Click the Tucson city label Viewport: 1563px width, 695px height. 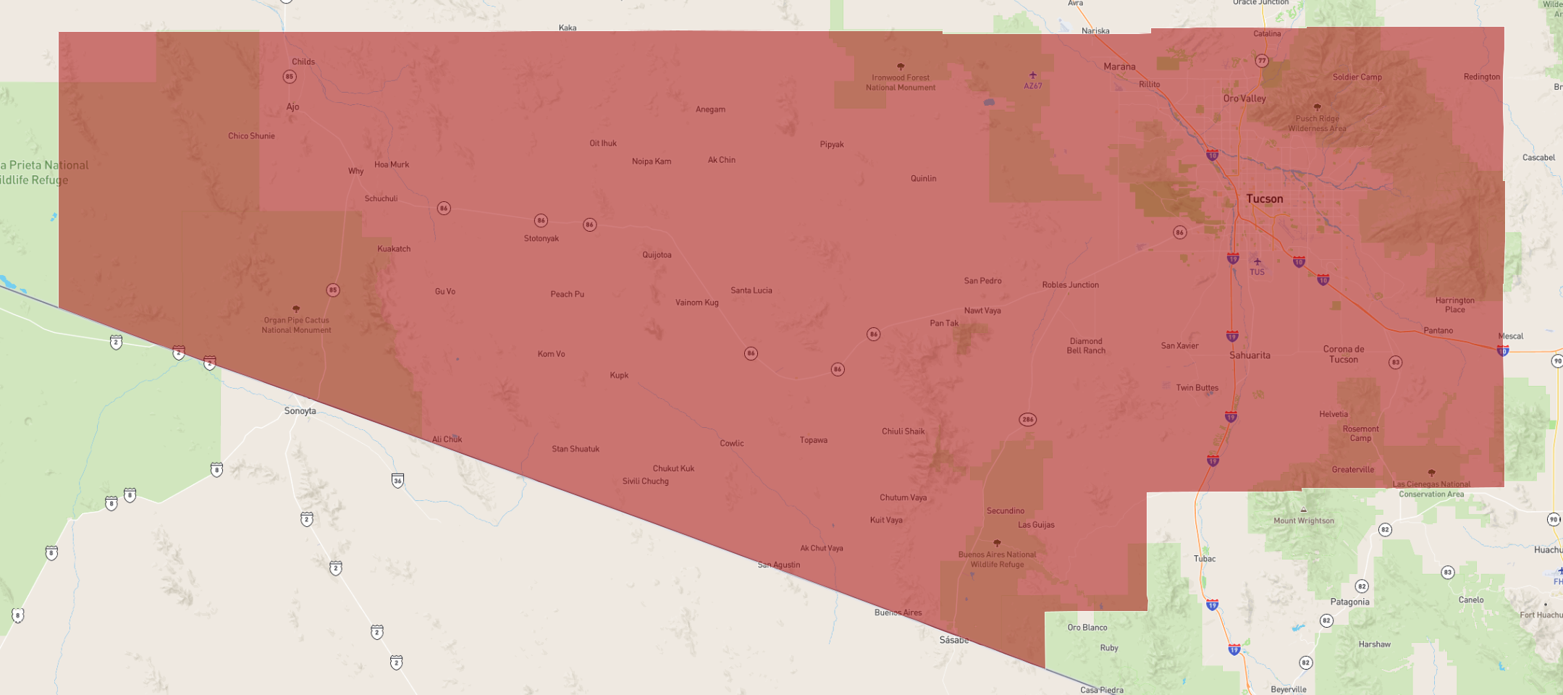point(1264,198)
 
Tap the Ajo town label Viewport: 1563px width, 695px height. point(292,106)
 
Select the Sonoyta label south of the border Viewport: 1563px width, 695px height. point(300,410)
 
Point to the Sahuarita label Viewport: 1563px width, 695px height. point(1250,355)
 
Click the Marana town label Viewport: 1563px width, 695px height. point(1119,67)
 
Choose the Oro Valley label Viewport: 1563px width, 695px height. point(1244,98)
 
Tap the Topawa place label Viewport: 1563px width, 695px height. point(813,440)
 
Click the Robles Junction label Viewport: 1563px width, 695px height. point(1070,285)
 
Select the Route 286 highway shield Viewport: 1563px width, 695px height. point(1027,419)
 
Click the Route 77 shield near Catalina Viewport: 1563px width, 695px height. point(1262,61)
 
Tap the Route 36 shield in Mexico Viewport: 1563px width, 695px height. point(397,480)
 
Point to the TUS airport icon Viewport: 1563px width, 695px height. point(1257,262)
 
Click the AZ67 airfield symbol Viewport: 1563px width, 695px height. point(1033,75)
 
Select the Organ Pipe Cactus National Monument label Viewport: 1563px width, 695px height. point(296,325)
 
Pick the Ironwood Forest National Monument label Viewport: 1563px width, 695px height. point(901,83)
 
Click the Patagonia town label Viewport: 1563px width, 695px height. point(1349,602)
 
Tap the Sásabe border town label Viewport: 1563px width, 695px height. point(953,640)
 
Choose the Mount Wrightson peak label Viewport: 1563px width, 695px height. point(1303,521)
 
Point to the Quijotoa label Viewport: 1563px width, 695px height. point(657,255)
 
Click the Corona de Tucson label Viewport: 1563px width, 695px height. point(1344,354)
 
